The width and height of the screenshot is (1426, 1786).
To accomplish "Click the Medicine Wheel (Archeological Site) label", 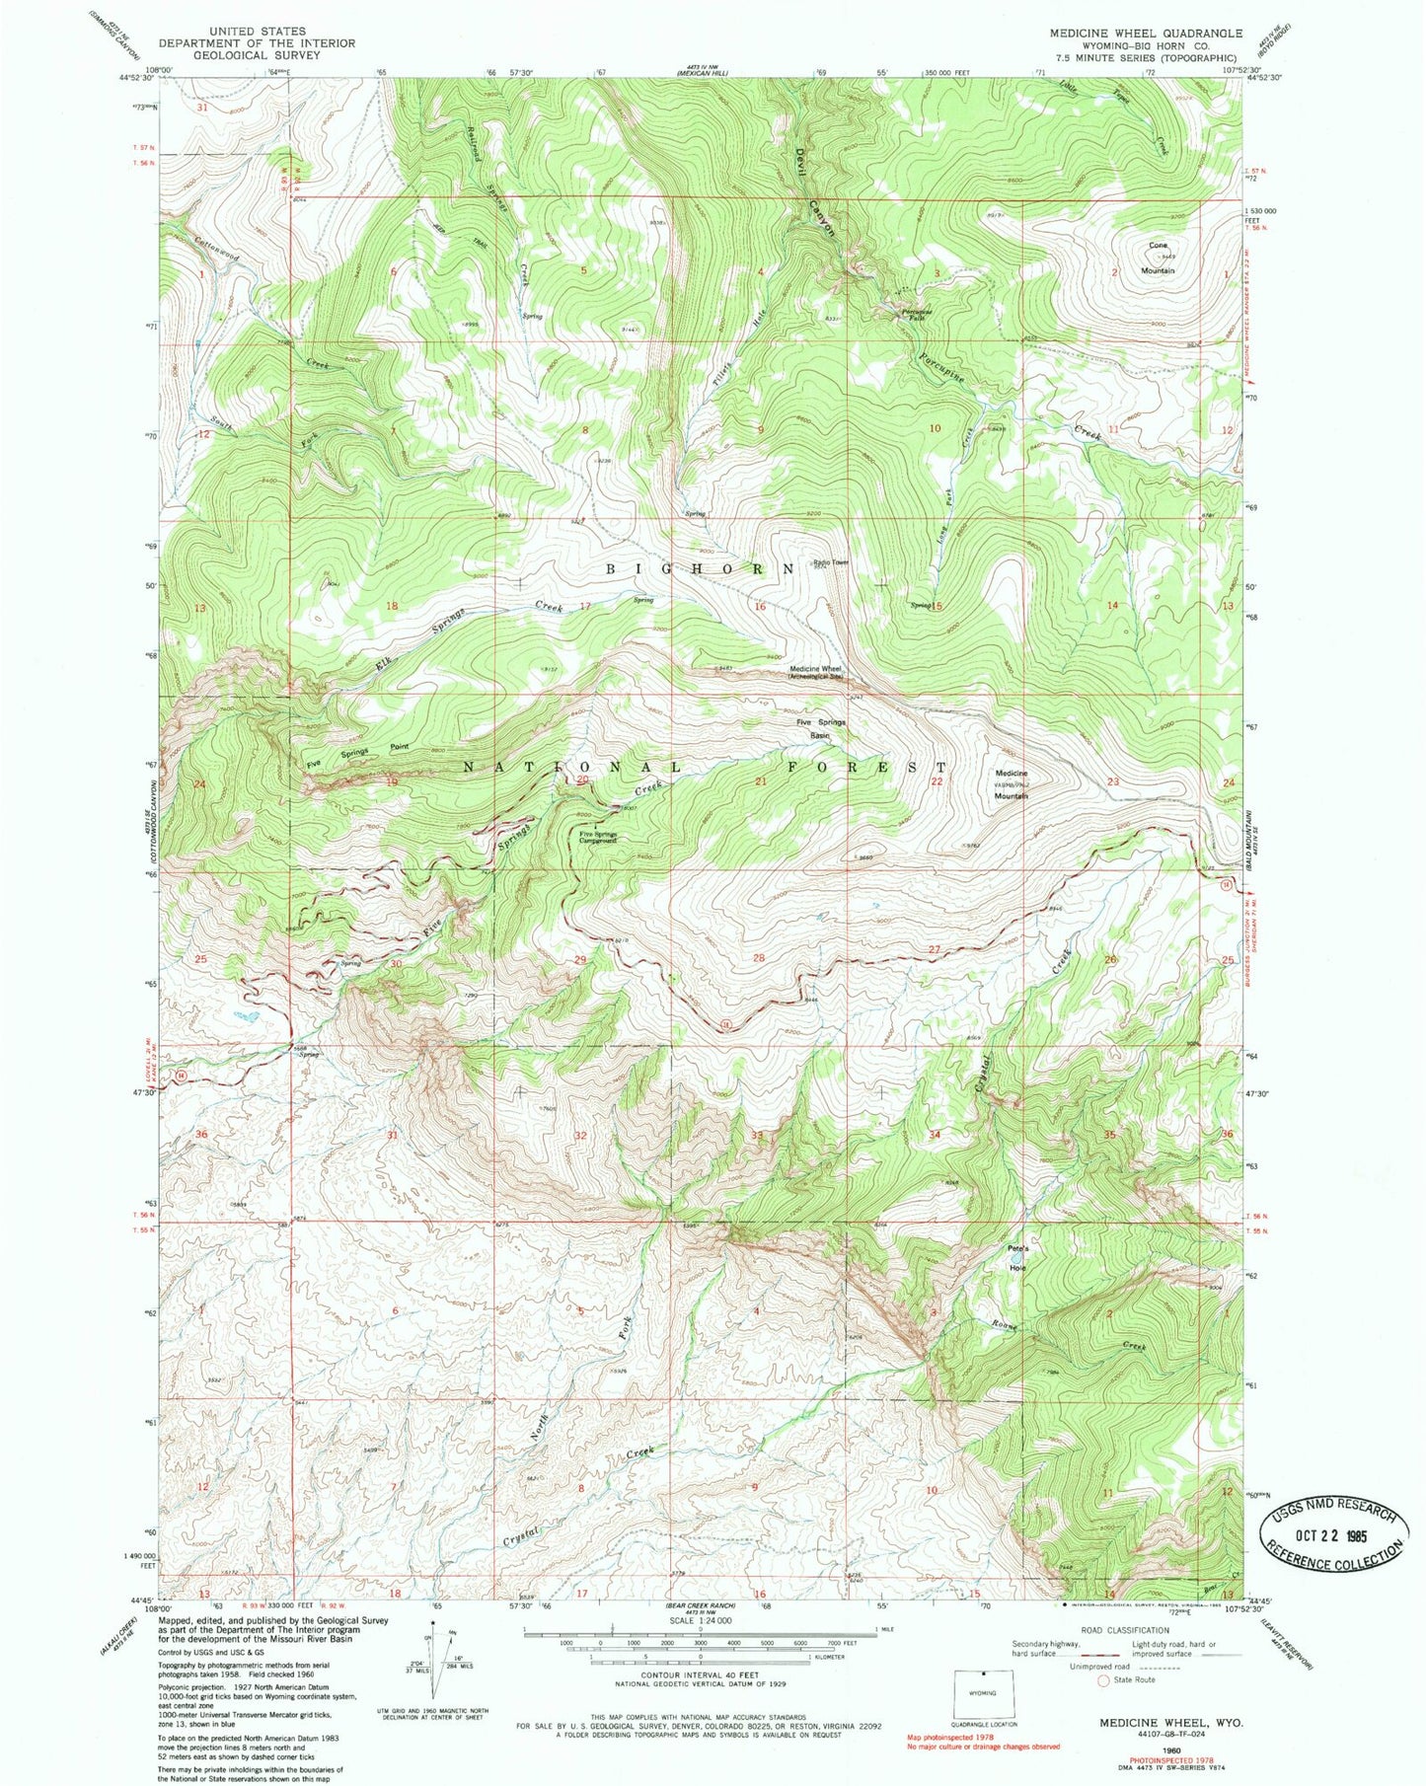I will (815, 674).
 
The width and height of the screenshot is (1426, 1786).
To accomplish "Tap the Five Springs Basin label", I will (821, 728).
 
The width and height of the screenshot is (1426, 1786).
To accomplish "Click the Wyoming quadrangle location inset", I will (983, 1692).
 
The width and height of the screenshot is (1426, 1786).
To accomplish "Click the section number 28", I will (759, 958).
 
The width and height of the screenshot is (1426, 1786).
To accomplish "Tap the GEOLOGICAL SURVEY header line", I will (257, 56).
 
